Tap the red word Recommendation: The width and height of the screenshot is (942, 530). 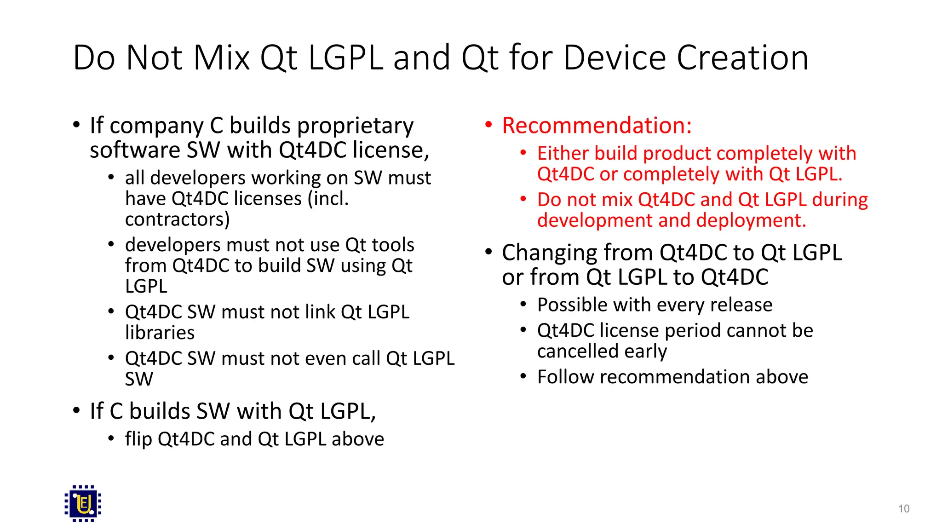point(597,126)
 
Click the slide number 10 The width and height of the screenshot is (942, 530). point(903,508)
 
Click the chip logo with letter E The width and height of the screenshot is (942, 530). point(83,503)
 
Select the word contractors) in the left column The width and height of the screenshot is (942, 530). point(177,219)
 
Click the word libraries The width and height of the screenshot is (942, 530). point(160,333)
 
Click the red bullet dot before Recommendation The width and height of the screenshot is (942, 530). point(488,124)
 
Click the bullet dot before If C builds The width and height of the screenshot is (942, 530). point(76,410)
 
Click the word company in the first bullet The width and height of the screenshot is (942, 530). point(156,127)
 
